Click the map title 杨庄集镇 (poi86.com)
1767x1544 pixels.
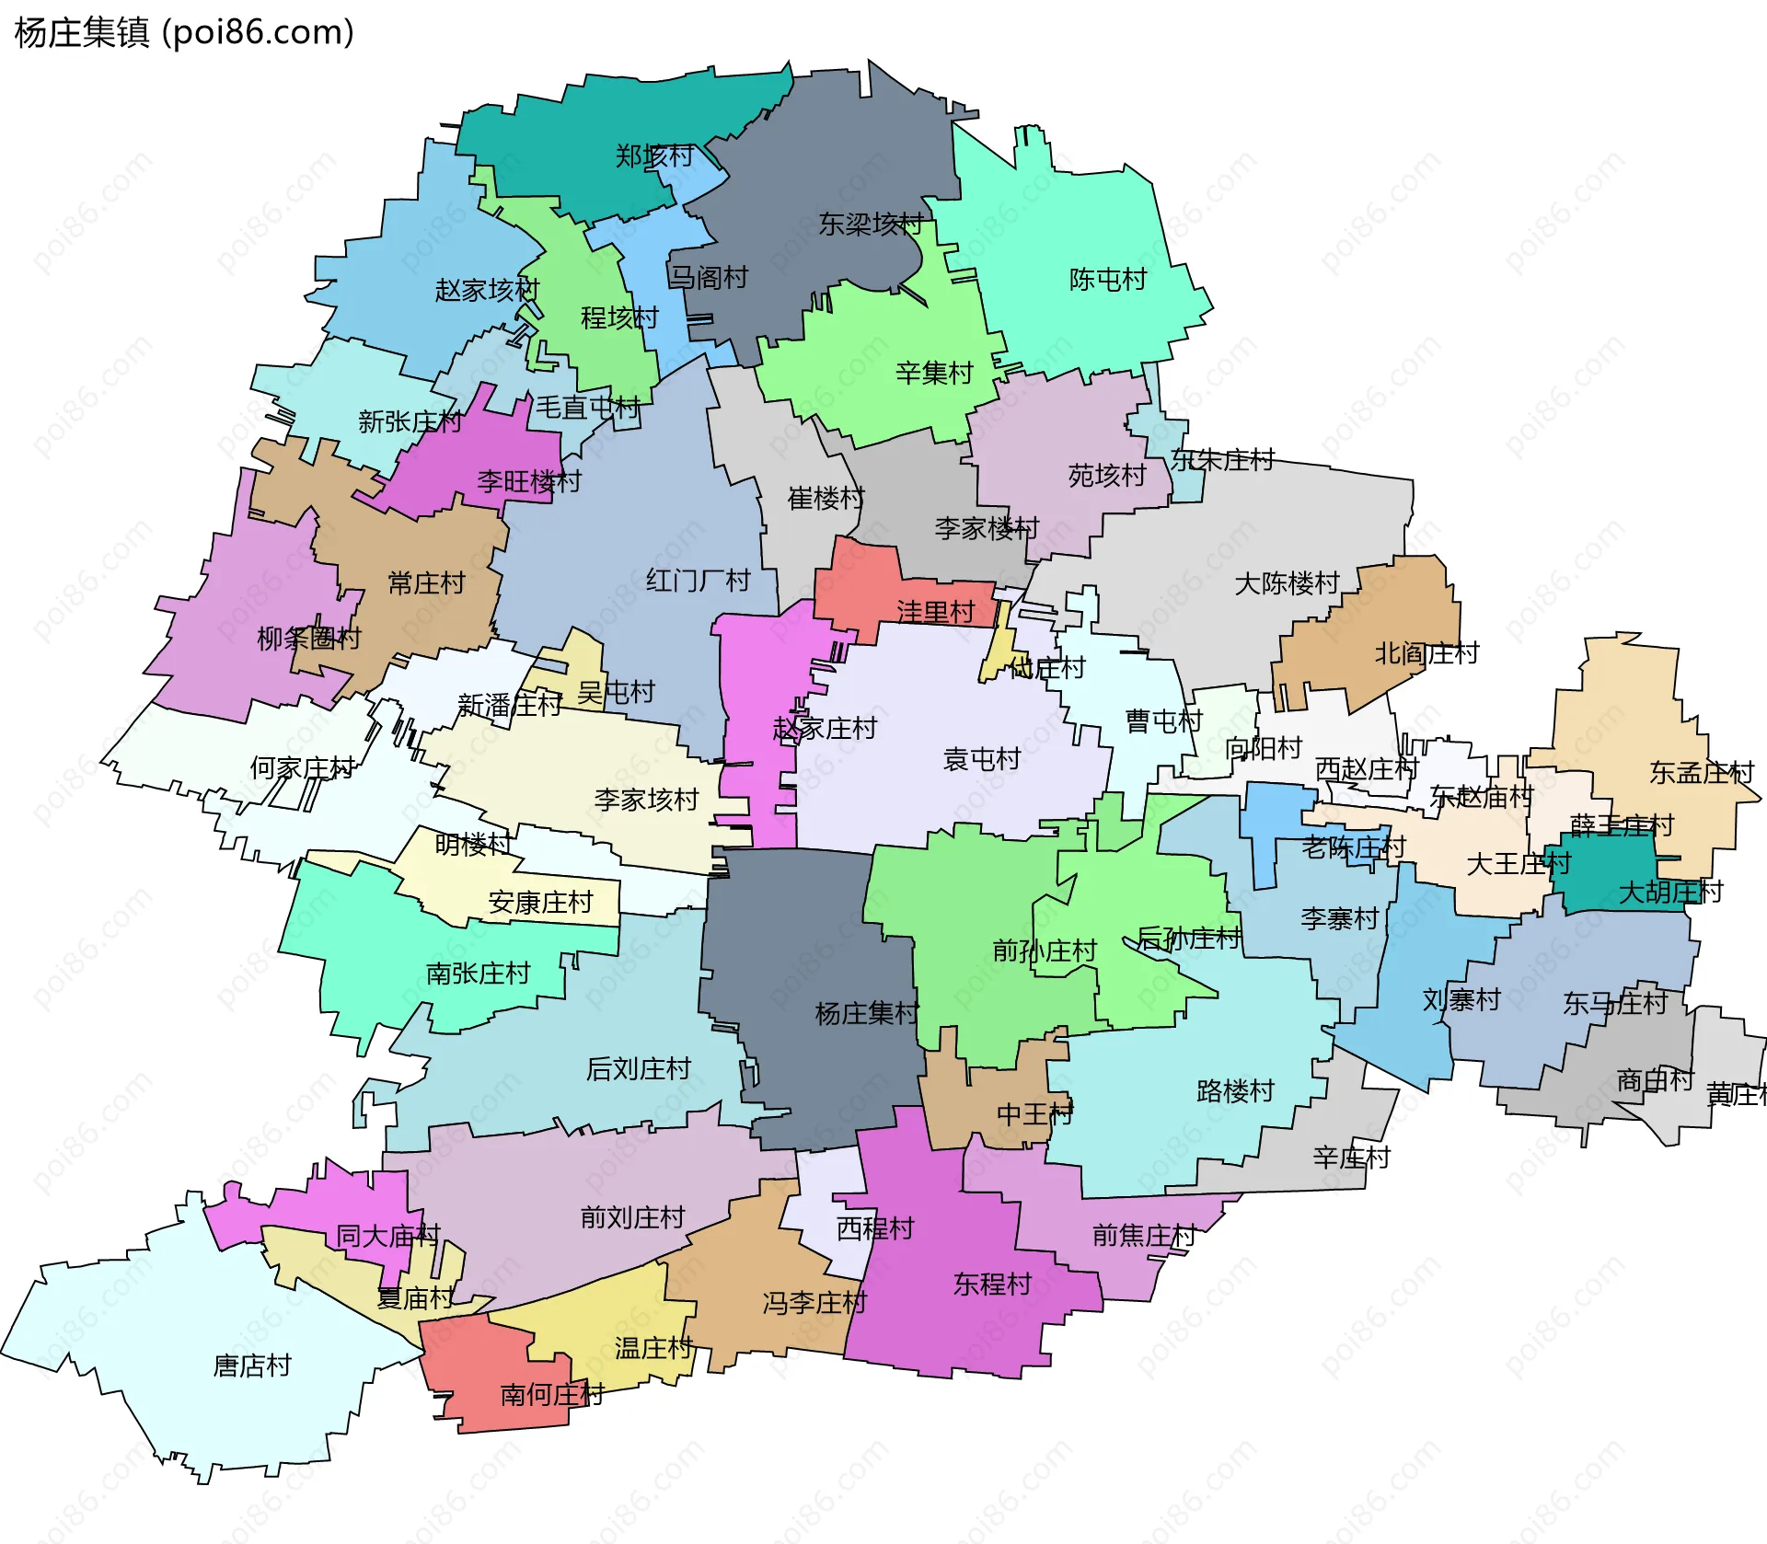pos(184,32)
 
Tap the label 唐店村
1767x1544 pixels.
pos(251,1365)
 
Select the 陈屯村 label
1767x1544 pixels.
pos(1107,280)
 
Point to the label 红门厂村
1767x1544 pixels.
pos(698,581)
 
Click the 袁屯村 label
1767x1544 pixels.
pos(981,759)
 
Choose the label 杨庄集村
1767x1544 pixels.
pos(866,1014)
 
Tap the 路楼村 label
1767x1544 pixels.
pos(1234,1091)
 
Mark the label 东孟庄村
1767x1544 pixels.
pos(1701,773)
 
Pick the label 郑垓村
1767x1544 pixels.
pos(653,156)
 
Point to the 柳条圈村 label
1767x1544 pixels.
pos(308,639)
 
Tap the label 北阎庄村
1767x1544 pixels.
pos(1426,653)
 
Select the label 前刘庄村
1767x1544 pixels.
pos(632,1217)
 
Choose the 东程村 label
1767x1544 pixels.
pos(991,1285)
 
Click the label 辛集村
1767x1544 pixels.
pos(933,374)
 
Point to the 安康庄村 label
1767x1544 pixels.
pos(539,903)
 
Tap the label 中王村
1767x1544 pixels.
pos(1034,1114)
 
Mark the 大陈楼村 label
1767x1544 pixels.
pos(1286,583)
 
